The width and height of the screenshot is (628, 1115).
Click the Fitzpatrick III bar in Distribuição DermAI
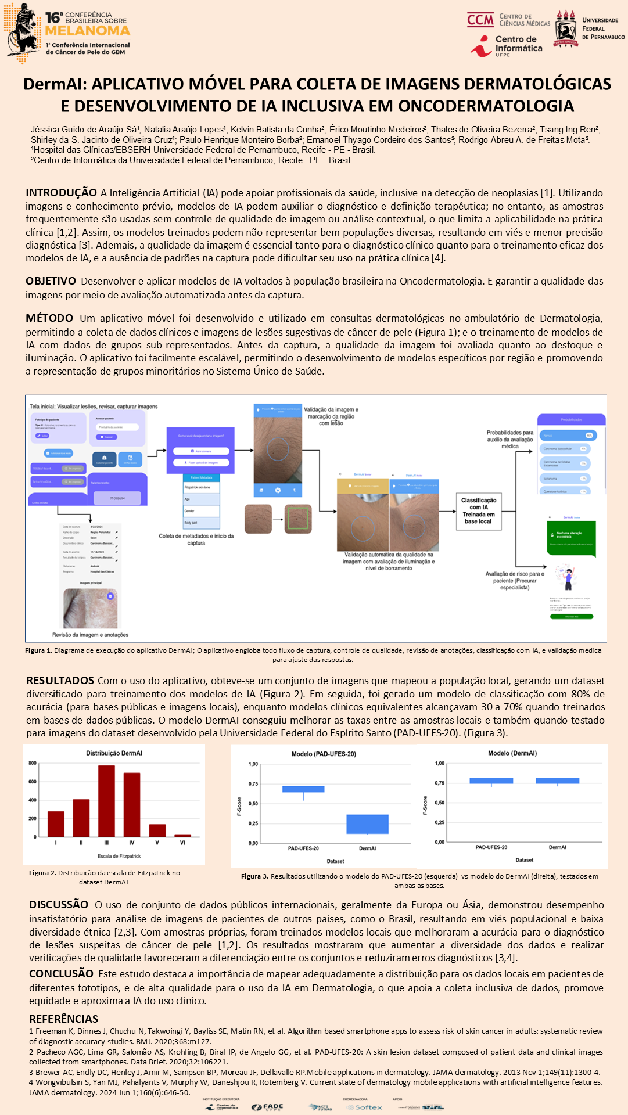(106, 801)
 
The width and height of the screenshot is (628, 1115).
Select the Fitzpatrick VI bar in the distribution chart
(182, 835)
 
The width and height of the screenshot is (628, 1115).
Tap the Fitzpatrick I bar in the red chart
(56, 823)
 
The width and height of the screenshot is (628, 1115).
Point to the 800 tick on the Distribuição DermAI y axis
(33, 763)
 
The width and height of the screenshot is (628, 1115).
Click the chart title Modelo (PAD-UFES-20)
(324, 754)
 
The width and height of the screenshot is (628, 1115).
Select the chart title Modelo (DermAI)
(512, 753)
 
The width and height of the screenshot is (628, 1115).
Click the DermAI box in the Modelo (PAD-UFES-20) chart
(367, 824)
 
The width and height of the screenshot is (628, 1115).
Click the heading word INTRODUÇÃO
(61, 193)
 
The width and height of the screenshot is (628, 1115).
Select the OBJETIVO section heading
(51, 281)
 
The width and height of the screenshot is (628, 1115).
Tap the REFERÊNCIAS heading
(64, 1019)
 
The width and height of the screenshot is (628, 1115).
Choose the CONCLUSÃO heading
(61, 973)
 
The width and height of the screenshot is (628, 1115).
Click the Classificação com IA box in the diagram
(478, 510)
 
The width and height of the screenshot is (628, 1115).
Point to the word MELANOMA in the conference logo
(88, 31)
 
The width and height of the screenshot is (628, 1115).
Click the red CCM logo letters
(480, 20)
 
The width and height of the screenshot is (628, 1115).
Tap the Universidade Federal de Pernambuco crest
(565, 28)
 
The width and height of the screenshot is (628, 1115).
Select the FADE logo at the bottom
(268, 1107)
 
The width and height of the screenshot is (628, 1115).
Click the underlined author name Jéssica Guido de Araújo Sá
(85, 130)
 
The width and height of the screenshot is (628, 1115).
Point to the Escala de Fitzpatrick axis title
(119, 856)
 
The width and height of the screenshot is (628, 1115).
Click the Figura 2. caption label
(42, 873)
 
